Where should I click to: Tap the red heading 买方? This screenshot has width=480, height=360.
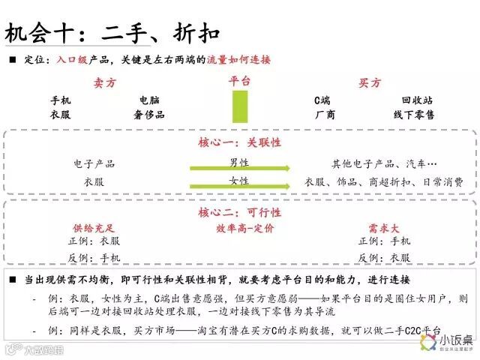point(369,83)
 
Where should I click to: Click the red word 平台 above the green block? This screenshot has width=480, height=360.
point(240,80)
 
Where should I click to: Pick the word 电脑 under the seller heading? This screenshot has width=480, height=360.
point(148,100)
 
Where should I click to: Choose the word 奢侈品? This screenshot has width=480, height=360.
point(148,115)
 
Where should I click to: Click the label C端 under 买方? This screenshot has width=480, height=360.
point(322,100)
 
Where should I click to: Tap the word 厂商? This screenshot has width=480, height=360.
point(325,115)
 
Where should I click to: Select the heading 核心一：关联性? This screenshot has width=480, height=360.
point(239,142)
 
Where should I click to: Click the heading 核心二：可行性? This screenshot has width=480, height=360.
point(239,212)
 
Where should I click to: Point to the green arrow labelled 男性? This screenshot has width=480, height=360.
point(239,166)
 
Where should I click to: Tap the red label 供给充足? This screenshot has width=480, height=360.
point(94,226)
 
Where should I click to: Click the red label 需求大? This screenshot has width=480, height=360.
point(383,226)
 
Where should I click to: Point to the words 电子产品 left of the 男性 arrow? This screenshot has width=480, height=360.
point(94,163)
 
